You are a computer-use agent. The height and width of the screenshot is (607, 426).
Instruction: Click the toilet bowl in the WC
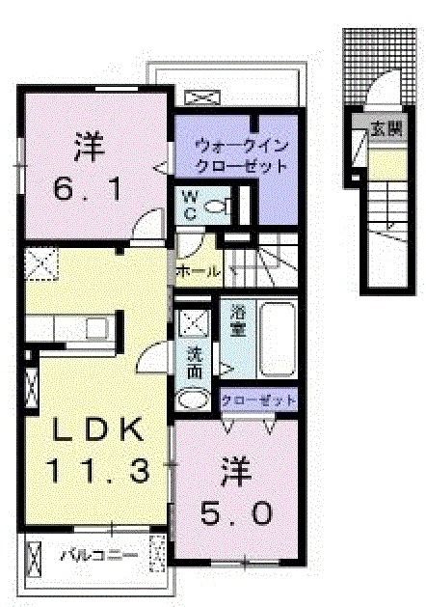coord(219,204)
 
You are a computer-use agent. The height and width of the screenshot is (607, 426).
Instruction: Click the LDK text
coord(96,428)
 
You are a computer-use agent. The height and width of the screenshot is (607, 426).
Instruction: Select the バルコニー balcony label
coord(99,555)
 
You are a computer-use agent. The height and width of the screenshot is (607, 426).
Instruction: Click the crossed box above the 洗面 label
coord(193,321)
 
